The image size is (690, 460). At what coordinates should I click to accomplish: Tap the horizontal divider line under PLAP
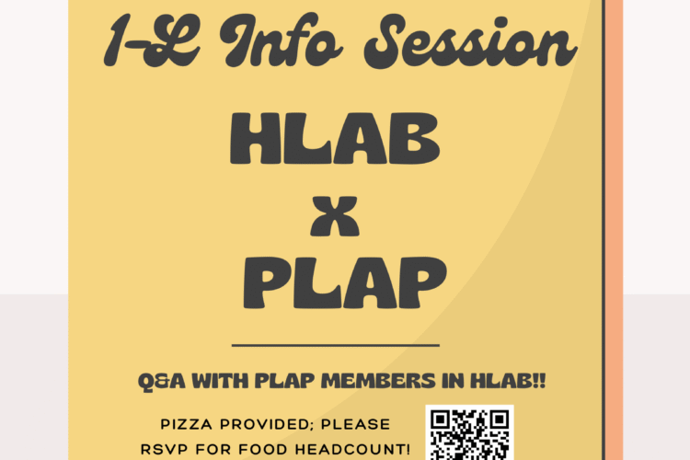(335, 346)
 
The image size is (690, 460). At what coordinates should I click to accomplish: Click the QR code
(471, 433)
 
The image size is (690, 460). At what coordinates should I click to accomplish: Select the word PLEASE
(359, 425)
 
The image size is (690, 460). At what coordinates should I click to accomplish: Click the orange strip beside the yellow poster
(613, 230)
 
